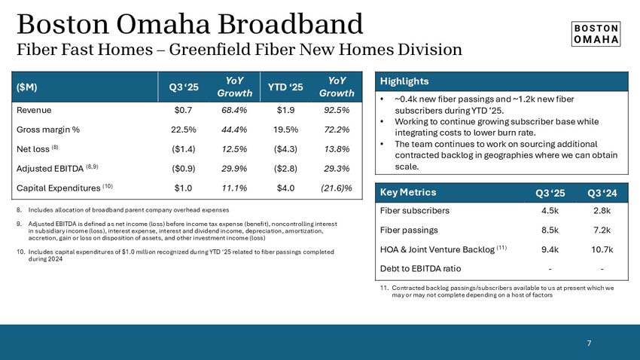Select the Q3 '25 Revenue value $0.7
coord(184,110)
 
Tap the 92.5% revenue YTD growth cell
coord(336,110)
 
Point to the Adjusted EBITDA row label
coord(57,168)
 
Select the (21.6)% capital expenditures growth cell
coord(336,188)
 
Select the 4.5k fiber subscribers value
coord(550,211)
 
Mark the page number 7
coord(589,343)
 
